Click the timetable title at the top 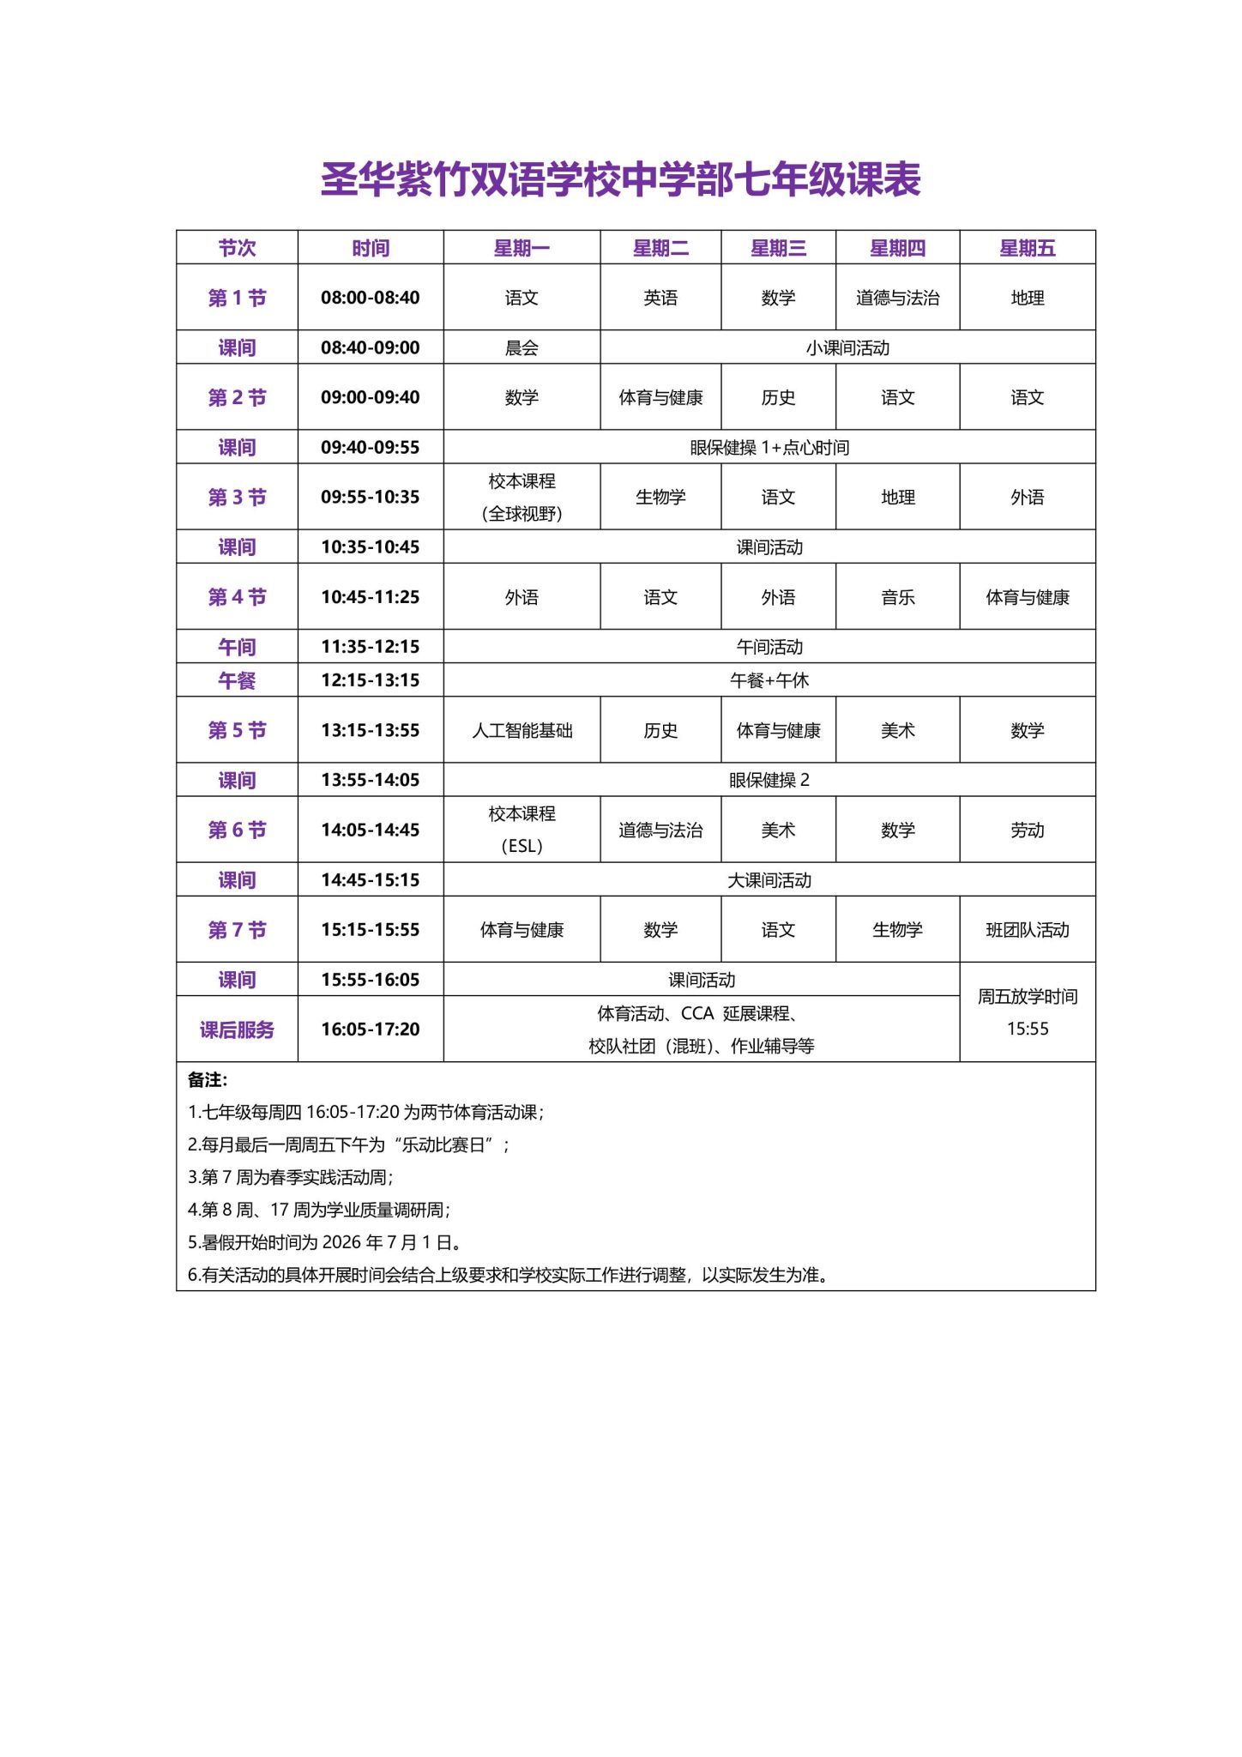click(620, 179)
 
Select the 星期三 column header click(778, 248)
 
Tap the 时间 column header click(370, 248)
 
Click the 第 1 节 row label click(237, 298)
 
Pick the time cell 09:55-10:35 click(370, 497)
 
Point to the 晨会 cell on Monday click(522, 347)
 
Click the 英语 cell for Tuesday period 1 click(660, 298)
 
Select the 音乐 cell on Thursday click(897, 597)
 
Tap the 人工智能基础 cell click(522, 730)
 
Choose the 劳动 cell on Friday click(1027, 830)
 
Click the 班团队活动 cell click(1027, 929)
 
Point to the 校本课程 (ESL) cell click(522, 830)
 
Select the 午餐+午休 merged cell click(769, 680)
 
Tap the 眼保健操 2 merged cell click(769, 780)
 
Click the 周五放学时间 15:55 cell click(1027, 1012)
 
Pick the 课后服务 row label click(237, 1029)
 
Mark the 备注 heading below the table click(208, 1080)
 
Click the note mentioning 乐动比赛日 click(348, 1144)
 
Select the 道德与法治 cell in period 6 click(660, 830)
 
